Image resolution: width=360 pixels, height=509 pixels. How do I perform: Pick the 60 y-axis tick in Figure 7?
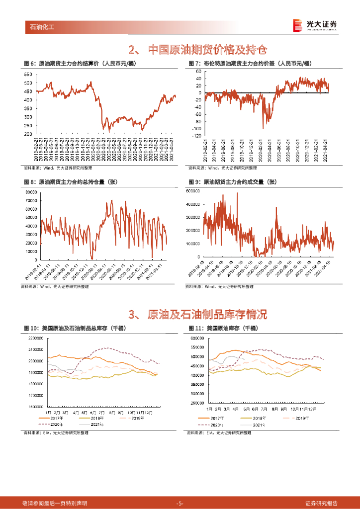coord(197,72)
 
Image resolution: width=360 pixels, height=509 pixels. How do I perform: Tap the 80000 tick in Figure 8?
coord(31,192)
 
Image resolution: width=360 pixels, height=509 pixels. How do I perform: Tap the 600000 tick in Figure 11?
coord(199,338)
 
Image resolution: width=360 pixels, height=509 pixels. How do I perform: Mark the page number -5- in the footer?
coord(180,503)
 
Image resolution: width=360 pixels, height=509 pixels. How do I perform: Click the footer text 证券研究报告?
coord(321,503)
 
